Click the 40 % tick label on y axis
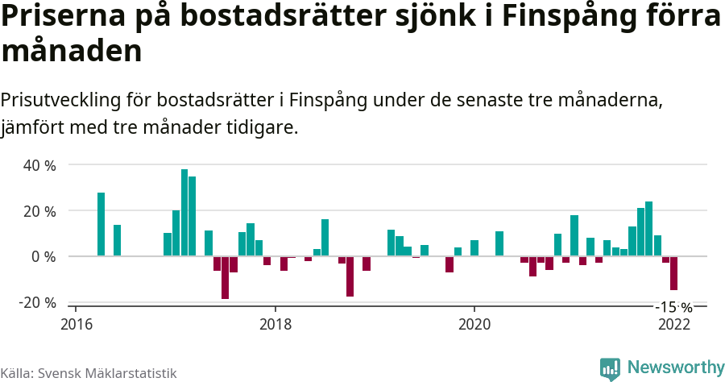click(x=39, y=166)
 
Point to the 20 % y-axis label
click(x=39, y=211)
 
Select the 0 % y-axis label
click(x=43, y=257)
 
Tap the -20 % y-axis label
click(x=38, y=303)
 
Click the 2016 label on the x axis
click(x=76, y=324)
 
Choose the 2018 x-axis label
click(x=275, y=324)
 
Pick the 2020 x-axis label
click(x=474, y=324)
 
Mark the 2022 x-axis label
click(x=673, y=324)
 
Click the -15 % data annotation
click(x=673, y=307)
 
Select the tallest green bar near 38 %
click(x=184, y=213)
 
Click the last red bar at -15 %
click(x=673, y=273)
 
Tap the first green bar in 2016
click(x=101, y=224)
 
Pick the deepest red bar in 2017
click(x=226, y=277)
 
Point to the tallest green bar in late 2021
click(x=649, y=229)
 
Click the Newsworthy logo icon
click(x=610, y=368)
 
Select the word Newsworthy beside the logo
click(x=675, y=367)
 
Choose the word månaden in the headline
click(x=72, y=52)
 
